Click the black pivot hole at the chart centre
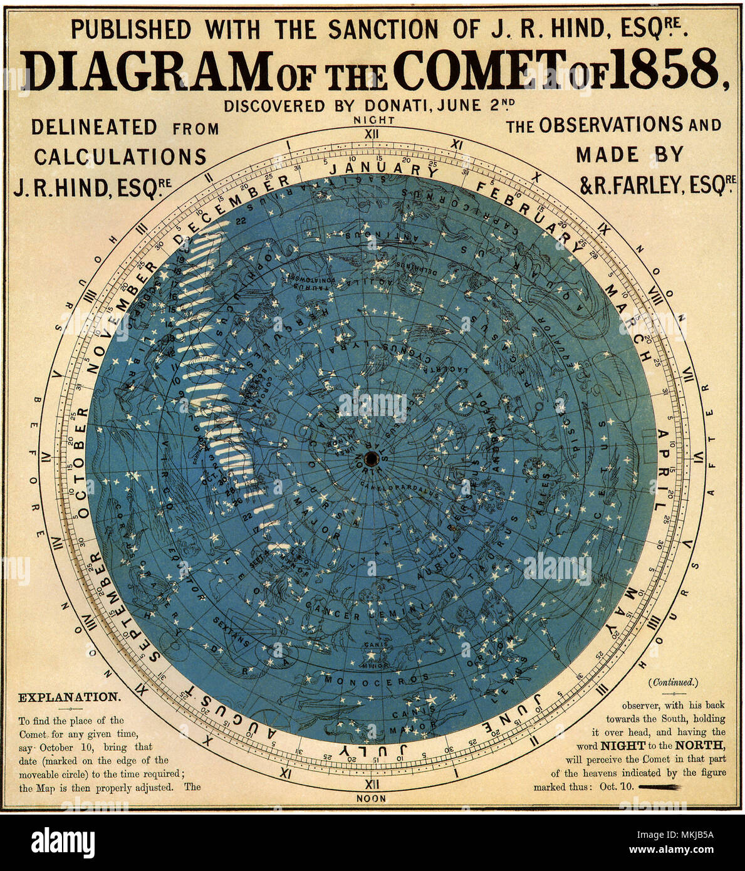[x=370, y=457]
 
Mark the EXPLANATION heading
[x=69, y=697]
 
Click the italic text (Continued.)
[x=674, y=682]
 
